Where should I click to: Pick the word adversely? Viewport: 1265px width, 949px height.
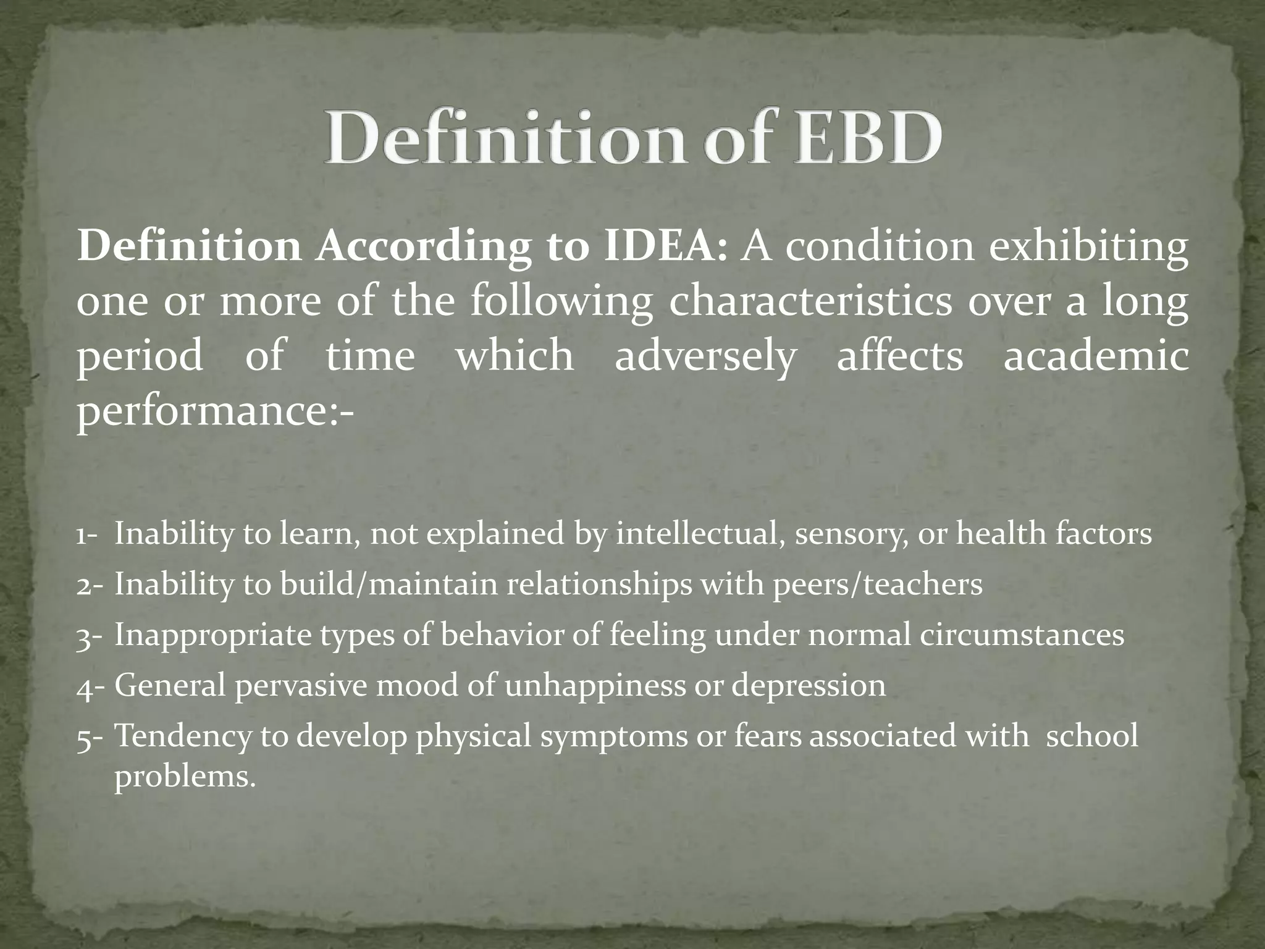[705, 356]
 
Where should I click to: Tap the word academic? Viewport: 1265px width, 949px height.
[1096, 356]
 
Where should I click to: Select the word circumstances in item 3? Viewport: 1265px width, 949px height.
[1021, 635]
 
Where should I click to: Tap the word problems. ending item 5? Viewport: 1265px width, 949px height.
[185, 777]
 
